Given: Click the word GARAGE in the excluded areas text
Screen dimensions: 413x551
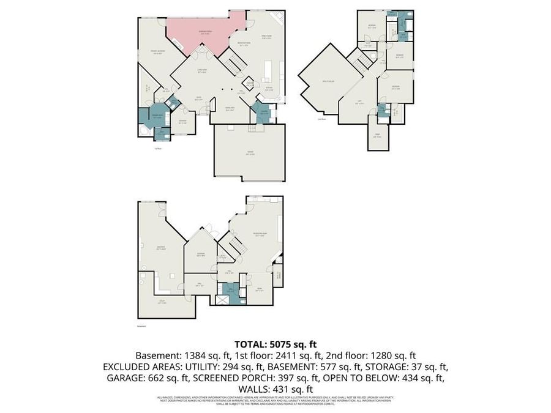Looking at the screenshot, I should pyautogui.click(x=122, y=378).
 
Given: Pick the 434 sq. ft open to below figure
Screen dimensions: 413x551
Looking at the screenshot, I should pyautogui.click(x=427, y=378).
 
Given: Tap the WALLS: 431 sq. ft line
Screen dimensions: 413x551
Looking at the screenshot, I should pyautogui.click(x=275, y=389).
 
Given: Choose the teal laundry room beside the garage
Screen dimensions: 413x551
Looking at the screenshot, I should pyautogui.click(x=263, y=113).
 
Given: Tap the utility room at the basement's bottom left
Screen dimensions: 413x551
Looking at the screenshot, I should pyautogui.click(x=163, y=302).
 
